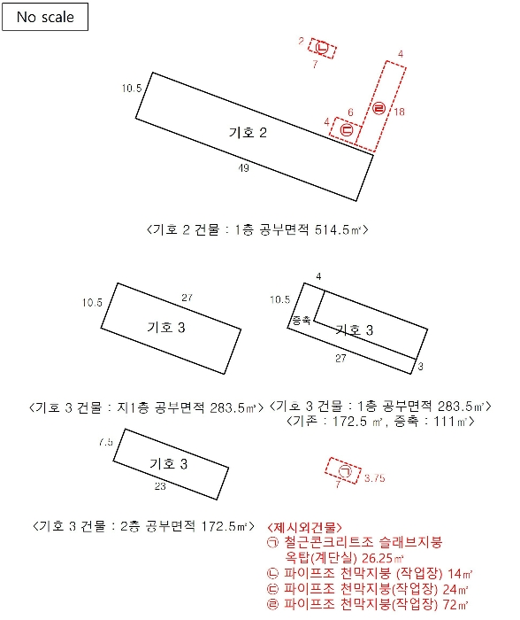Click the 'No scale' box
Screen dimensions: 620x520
tap(44, 17)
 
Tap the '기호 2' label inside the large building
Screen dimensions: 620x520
tap(248, 133)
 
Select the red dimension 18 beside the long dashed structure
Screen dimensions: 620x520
tap(400, 112)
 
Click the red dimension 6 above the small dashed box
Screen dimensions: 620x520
tap(350, 112)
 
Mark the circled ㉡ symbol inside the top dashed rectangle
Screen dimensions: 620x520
tap(323, 48)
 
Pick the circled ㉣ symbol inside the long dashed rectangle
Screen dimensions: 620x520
tap(379, 109)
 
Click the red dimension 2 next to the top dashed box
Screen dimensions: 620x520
tap(302, 41)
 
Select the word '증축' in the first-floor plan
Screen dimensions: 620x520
tap(301, 320)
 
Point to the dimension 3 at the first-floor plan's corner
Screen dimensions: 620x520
tap(421, 366)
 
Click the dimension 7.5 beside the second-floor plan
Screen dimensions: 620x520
tap(107, 441)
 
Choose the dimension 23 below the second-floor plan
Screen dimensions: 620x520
tap(160, 487)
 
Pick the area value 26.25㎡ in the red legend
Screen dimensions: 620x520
tap(381, 558)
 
